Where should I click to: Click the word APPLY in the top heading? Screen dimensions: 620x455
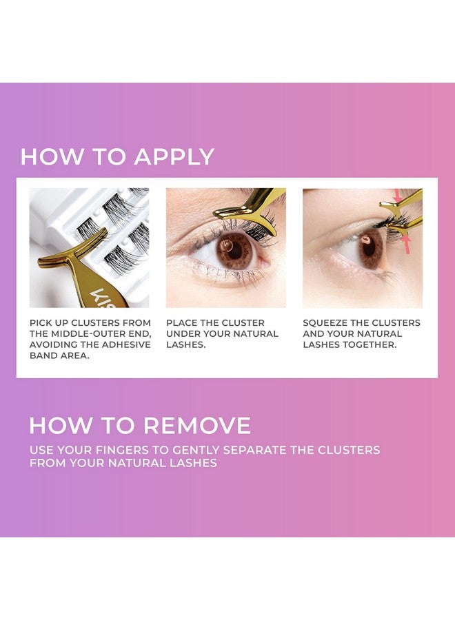(x=174, y=157)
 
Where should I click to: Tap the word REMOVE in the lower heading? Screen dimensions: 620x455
(x=196, y=425)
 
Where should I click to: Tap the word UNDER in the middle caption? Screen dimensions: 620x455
(x=181, y=333)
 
